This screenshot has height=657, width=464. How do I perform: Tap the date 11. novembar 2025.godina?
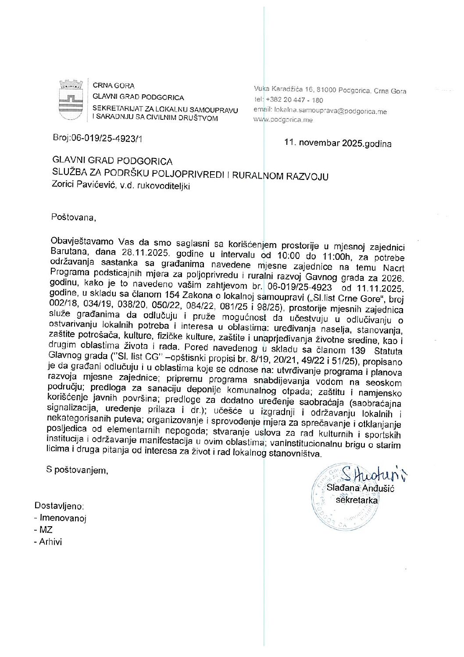point(338,144)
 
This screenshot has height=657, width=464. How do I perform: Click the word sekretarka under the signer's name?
point(356,499)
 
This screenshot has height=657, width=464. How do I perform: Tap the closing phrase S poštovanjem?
point(77,470)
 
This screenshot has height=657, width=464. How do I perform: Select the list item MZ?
point(46,530)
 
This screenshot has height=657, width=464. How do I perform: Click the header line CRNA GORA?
point(114,86)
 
